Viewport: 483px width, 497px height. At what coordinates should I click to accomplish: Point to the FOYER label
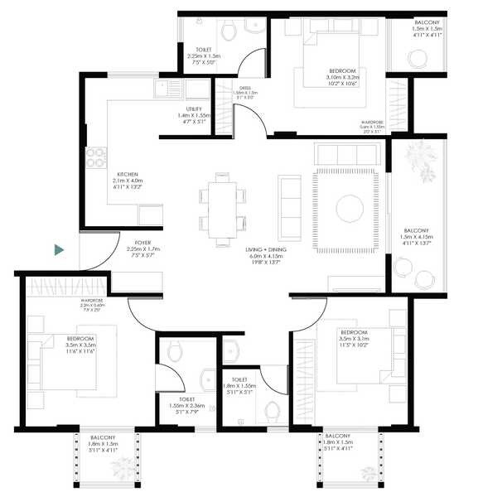[x=135, y=247]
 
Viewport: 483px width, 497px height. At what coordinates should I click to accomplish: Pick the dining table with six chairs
[x=222, y=210]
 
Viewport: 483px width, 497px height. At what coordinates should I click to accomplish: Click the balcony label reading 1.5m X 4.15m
[x=415, y=238]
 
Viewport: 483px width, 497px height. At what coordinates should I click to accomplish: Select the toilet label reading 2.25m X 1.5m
[x=205, y=55]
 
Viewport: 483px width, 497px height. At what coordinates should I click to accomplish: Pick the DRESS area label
[x=235, y=91]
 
